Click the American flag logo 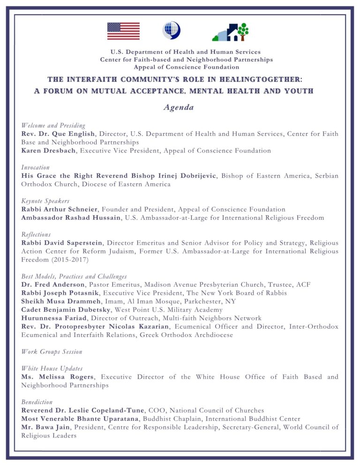(x=123, y=31)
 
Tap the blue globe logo (x=171, y=30)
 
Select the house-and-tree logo (x=230, y=31)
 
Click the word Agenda (x=179, y=108)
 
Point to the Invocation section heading (x=36, y=167)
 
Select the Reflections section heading (x=36, y=234)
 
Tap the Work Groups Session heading (x=52, y=352)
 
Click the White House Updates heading (x=52, y=369)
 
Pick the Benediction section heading (x=37, y=402)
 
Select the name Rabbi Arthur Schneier (x=59, y=209)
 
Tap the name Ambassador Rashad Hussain (x=72, y=218)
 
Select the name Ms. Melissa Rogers (x=58, y=377)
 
